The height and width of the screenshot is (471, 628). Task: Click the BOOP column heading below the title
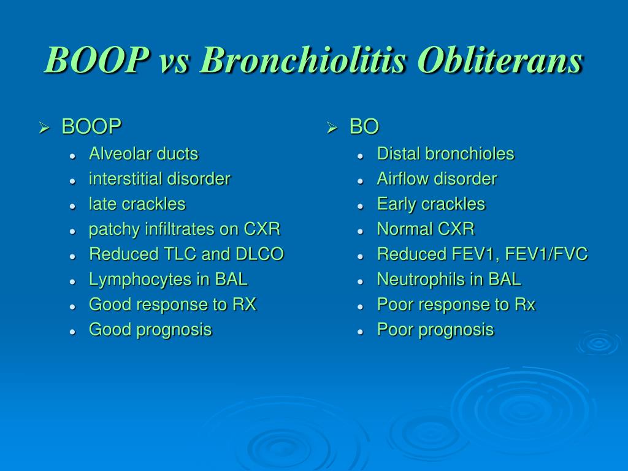[x=91, y=126]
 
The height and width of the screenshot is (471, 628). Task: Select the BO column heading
[x=364, y=126]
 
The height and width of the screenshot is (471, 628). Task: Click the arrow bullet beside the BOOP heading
[x=44, y=128]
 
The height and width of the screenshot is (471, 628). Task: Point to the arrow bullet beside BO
[x=332, y=128]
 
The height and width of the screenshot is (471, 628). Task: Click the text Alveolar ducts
[x=144, y=154]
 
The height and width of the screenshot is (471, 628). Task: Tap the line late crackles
[x=137, y=204]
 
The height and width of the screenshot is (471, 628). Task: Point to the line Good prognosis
[x=150, y=330]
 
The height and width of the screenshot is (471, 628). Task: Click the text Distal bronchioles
[x=445, y=154]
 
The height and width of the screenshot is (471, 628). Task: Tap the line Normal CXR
[x=426, y=229]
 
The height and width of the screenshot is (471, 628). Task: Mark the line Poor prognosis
[x=435, y=330]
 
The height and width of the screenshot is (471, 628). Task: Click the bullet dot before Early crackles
[x=361, y=207]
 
